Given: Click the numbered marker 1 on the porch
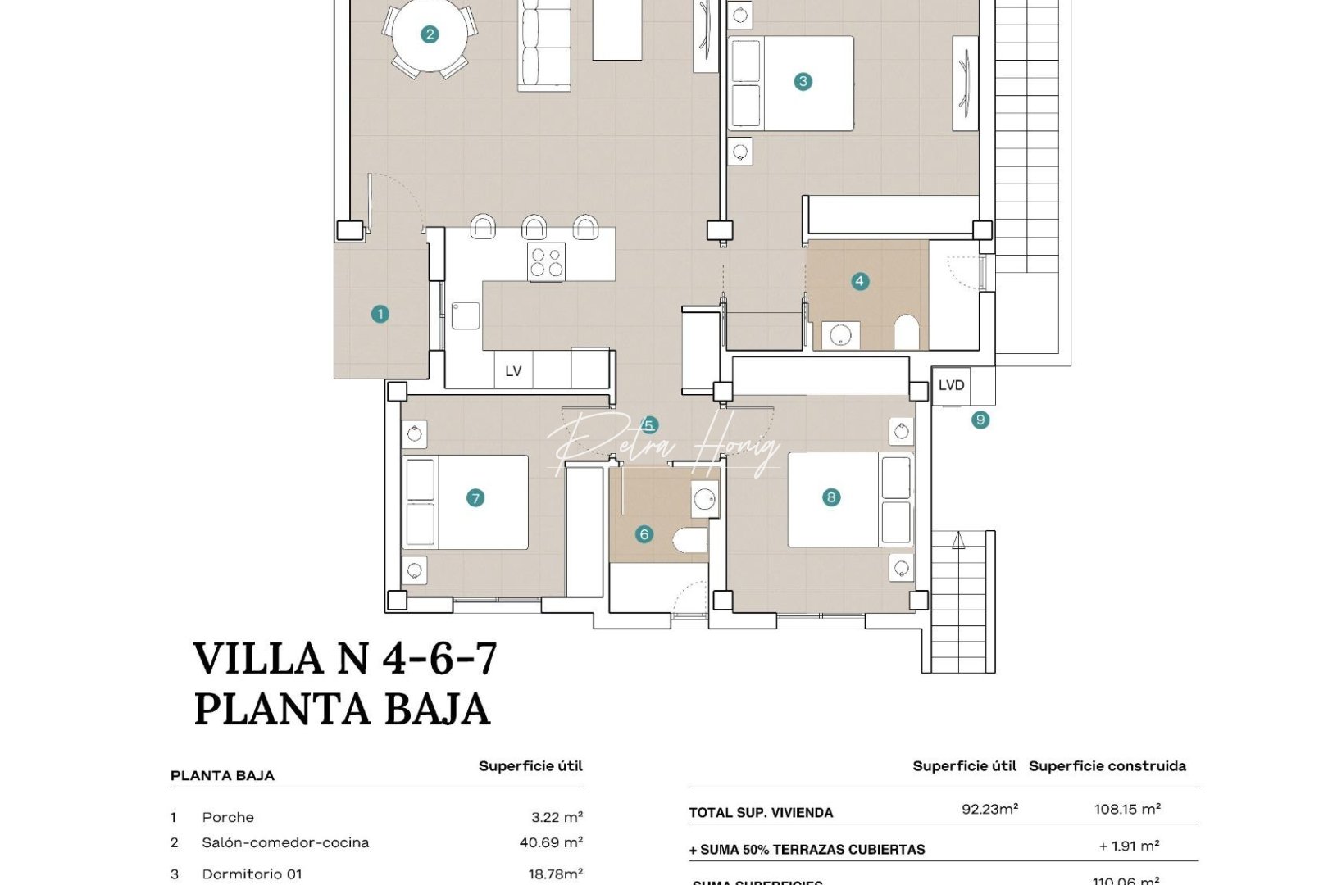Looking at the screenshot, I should click(x=380, y=314).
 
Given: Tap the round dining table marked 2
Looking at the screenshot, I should click(x=429, y=34).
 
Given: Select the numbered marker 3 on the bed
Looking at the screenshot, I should click(x=803, y=81).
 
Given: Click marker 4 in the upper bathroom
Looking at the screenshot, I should click(x=859, y=281).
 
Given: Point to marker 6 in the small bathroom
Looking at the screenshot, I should click(x=644, y=534).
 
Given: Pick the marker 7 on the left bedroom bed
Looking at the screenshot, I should click(x=475, y=497).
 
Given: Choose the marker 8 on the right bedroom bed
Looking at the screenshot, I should click(x=831, y=497).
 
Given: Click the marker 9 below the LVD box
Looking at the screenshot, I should click(x=980, y=420).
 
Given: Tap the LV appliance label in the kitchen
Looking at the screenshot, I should click(x=513, y=371).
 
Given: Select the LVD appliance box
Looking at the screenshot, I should click(x=951, y=385).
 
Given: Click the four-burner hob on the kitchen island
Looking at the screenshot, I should click(x=546, y=262).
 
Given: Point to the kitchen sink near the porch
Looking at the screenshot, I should click(x=466, y=315).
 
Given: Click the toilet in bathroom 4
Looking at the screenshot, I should click(x=907, y=332).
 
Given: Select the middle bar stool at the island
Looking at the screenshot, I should click(x=534, y=227).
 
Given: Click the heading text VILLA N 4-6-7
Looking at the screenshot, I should click(x=344, y=658).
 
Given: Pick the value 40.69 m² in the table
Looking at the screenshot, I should click(x=550, y=842).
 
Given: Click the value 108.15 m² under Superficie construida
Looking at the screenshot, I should click(x=1126, y=810).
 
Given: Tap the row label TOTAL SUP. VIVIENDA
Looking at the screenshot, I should click(x=761, y=813).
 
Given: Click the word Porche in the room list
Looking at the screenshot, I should click(x=228, y=817).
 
